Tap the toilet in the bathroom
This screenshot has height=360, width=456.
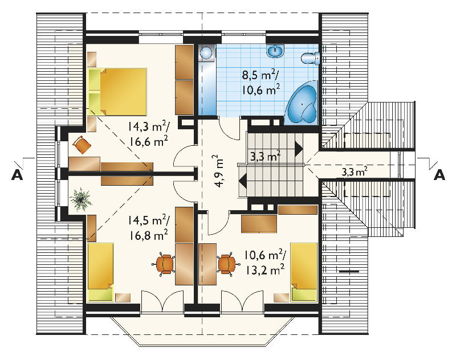311,59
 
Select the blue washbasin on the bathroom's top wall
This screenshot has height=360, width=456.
275,51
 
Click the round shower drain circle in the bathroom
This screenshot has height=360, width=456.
206,52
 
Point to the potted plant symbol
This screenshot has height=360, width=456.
80,198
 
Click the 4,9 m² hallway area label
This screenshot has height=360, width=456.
220,171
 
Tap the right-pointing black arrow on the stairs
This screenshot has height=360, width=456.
299,149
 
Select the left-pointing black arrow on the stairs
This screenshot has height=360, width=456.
243,181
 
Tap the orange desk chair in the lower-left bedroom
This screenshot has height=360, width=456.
164,264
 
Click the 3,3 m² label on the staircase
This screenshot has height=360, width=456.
265,157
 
